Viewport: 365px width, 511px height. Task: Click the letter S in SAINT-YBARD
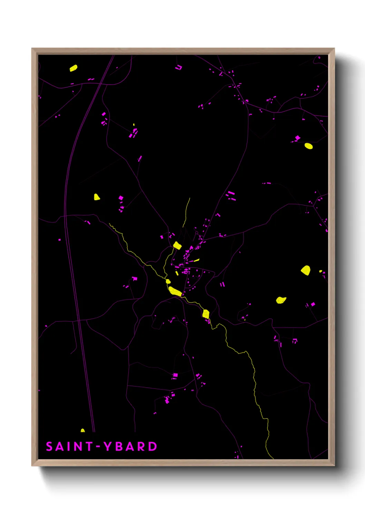point(49,446)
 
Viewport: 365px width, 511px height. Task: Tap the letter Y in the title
point(108,446)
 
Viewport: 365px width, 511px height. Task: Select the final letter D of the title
point(152,446)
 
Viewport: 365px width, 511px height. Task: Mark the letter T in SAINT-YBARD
point(89,446)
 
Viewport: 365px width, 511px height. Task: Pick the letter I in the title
point(69,446)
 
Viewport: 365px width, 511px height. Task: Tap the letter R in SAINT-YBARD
point(141,446)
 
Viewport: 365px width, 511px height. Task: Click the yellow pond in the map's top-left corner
point(73,68)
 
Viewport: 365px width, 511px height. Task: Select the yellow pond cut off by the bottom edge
point(83,431)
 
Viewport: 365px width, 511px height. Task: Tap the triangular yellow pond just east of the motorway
point(97,197)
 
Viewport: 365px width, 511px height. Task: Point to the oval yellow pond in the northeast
point(308,146)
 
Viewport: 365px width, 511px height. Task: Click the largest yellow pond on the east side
point(306,270)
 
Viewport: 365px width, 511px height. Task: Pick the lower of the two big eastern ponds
point(281,300)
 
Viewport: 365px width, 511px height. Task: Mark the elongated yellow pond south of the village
point(175,291)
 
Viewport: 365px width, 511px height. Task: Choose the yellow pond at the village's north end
point(177,245)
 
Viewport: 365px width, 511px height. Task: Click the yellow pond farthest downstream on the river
point(206,314)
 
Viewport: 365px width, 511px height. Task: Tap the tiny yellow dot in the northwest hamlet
point(134,125)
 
